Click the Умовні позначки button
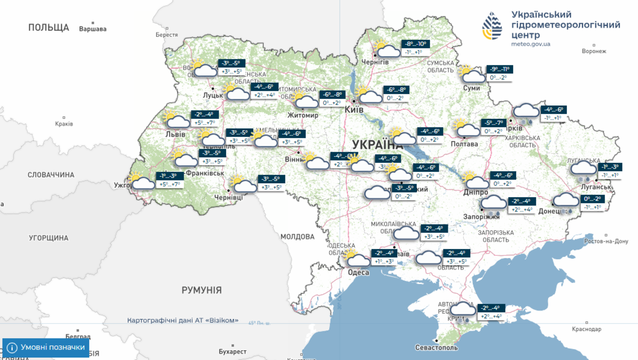[46, 348]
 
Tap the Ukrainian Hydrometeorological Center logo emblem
[492, 26]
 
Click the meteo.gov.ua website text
[531, 44]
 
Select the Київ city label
[354, 110]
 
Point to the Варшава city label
[93, 29]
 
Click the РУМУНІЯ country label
[201, 290]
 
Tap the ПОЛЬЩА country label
[49, 27]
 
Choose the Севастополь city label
[436, 348]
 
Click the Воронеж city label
[594, 51]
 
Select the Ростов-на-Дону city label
[606, 241]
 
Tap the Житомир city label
[303, 115]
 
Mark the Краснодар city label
[586, 329]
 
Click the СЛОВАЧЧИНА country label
[51, 175]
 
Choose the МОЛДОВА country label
[297, 237]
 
